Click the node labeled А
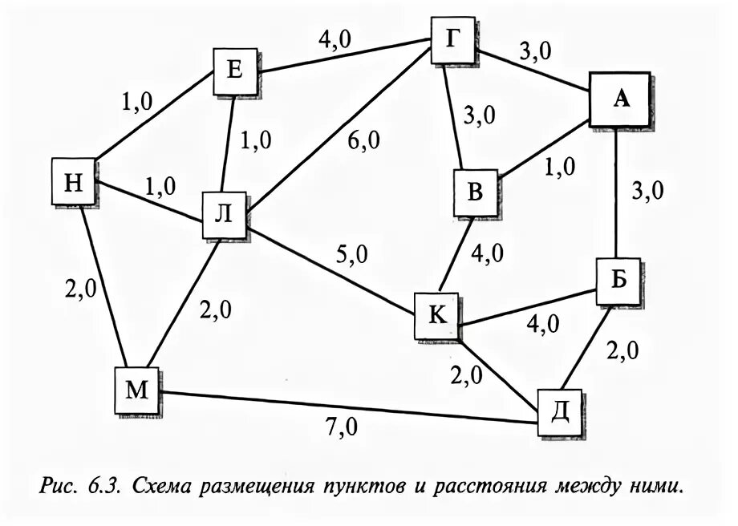click(x=618, y=99)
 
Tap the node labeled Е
click(x=234, y=71)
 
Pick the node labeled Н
click(x=74, y=182)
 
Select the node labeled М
click(x=137, y=390)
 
